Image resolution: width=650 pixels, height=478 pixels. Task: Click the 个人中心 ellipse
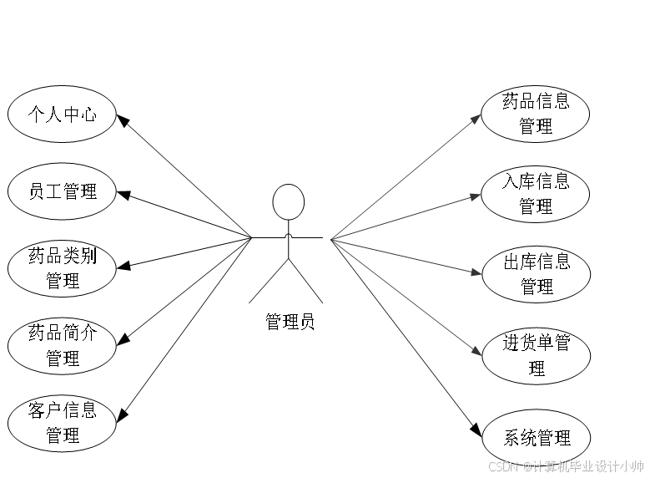click(62, 114)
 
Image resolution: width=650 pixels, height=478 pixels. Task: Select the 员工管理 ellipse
click(62, 191)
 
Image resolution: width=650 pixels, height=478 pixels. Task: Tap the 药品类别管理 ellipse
click(62, 268)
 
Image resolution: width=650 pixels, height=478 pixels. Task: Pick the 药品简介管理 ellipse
click(62, 345)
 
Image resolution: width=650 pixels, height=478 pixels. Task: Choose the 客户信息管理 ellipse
click(62, 423)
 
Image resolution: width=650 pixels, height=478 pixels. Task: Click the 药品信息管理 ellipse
click(536, 114)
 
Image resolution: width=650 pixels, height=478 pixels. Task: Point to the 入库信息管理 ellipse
click(536, 193)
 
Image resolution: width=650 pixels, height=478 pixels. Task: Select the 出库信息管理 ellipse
click(536, 274)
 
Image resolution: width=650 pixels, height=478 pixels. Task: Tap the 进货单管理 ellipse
click(536, 355)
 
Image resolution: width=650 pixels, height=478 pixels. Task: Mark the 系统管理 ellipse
click(537, 437)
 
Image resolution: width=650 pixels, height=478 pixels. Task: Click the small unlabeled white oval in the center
click(289, 202)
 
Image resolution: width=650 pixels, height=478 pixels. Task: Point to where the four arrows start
click(332, 240)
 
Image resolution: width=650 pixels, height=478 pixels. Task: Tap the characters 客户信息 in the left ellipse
click(62, 410)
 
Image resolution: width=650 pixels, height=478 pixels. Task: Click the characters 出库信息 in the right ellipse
click(537, 262)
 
